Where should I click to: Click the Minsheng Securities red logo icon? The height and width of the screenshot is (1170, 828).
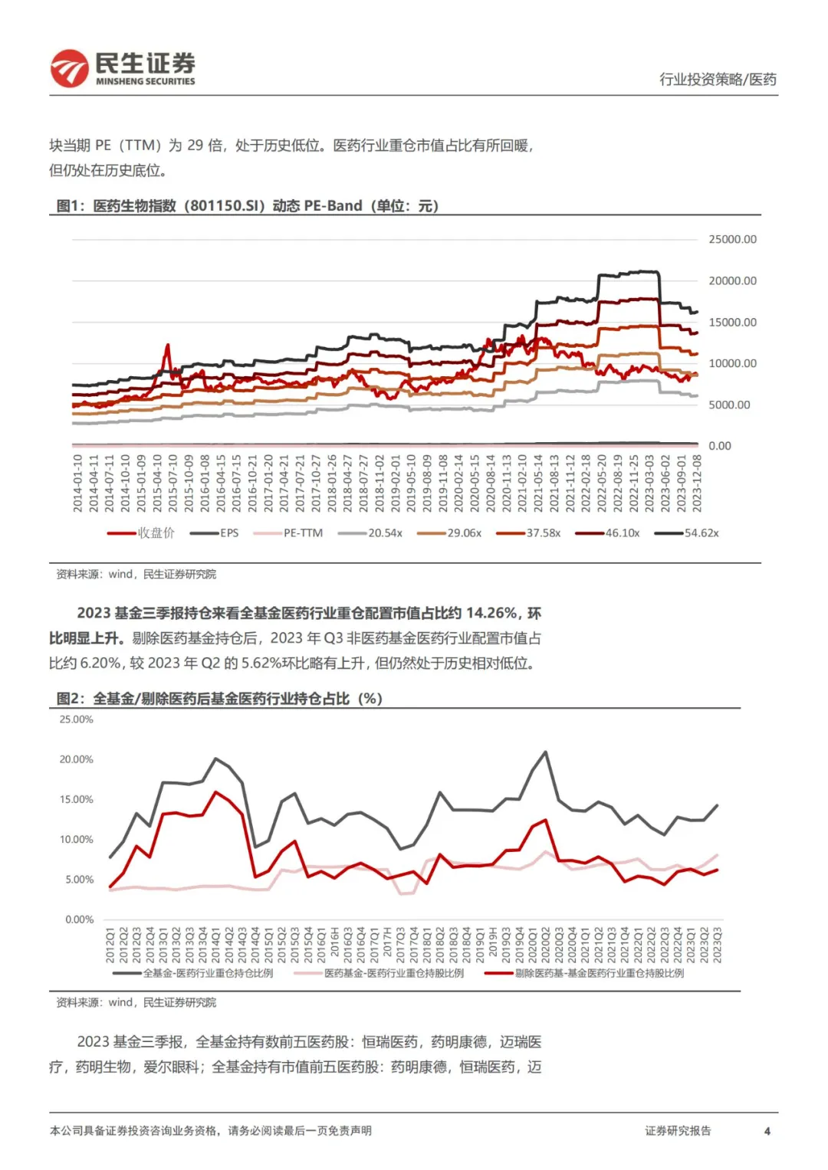[69, 68]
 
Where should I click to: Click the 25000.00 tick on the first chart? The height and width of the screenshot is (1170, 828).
[731, 240]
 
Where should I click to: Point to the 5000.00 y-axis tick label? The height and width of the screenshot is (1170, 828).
[728, 405]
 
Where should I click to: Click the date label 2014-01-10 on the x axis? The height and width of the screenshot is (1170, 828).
[78, 483]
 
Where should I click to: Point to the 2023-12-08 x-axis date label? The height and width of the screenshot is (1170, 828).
[697, 483]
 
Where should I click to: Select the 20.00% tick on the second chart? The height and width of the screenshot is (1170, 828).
[76, 759]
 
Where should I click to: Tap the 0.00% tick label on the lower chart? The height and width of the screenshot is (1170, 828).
[79, 919]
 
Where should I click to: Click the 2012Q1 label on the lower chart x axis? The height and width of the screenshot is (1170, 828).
[110, 945]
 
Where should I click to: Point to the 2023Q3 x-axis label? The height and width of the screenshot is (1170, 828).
[718, 945]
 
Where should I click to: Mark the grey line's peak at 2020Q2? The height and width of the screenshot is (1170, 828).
[545, 752]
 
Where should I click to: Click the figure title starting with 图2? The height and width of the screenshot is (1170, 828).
[219, 699]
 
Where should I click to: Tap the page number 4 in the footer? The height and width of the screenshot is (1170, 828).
[767, 1131]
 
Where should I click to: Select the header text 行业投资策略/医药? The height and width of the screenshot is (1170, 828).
[718, 80]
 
